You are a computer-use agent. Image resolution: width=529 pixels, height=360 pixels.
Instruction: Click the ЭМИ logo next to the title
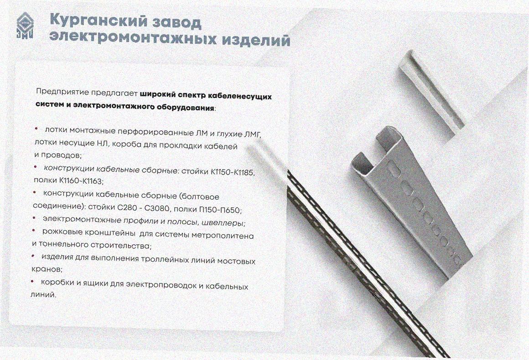pyautogui.click(x=25, y=26)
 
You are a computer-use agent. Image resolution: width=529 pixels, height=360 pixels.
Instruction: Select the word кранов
pyautogui.click(x=46, y=270)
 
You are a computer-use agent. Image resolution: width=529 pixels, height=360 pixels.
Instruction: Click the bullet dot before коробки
pyautogui.click(x=32, y=281)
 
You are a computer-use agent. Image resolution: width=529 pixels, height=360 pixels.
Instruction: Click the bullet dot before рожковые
pyautogui.click(x=34, y=230)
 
